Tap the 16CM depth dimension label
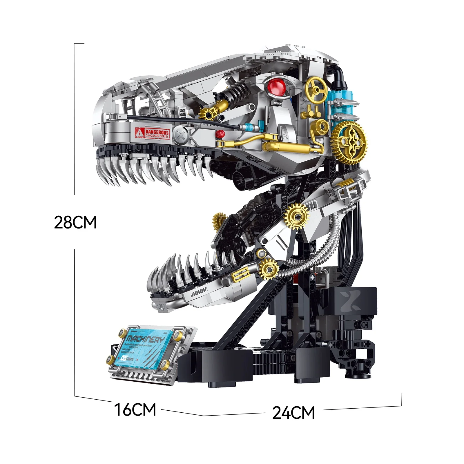coord(135,410)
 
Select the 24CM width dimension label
coord(293,413)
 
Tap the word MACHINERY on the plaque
coord(145,340)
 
